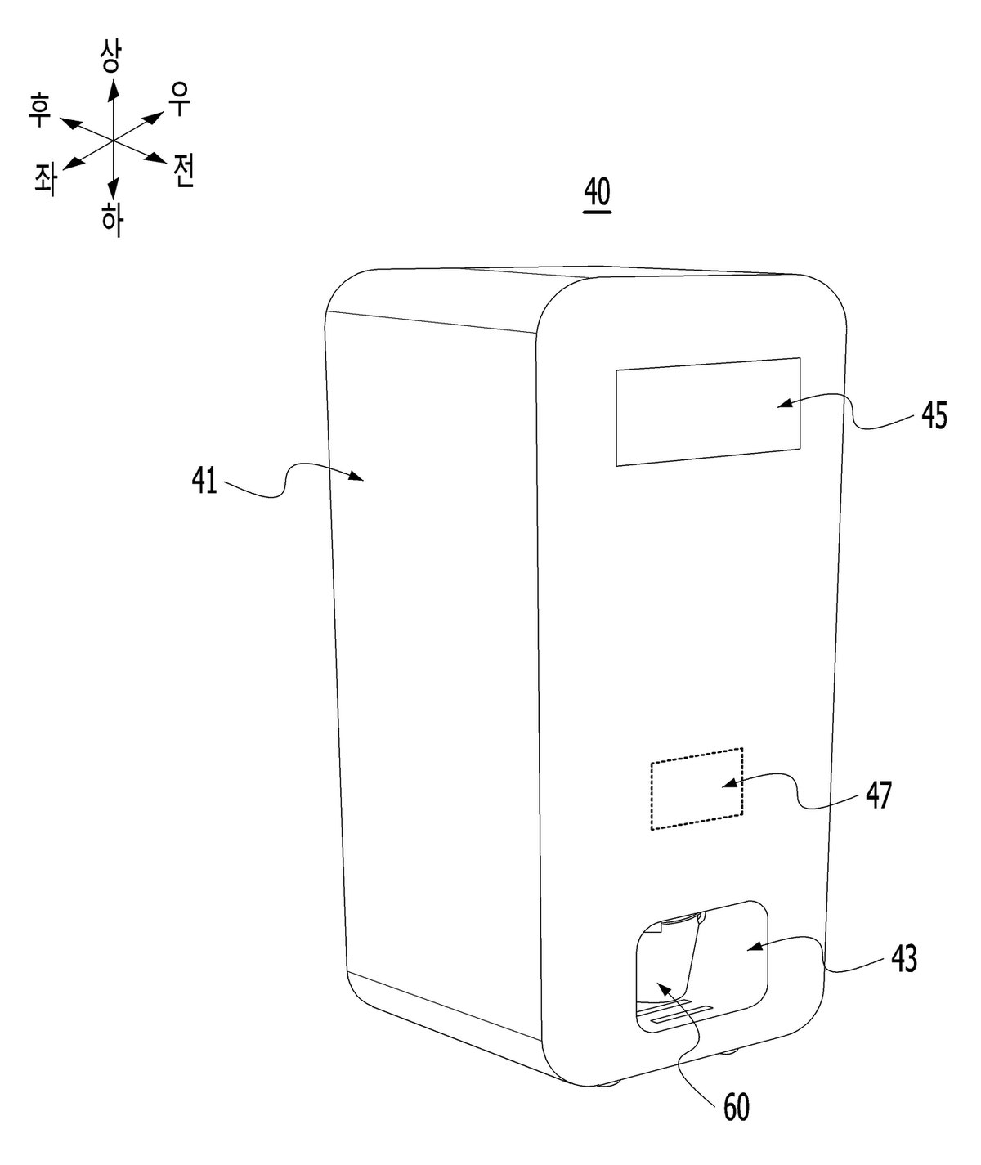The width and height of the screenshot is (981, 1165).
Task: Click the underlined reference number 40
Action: point(597,194)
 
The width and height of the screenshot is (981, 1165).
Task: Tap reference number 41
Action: point(204,481)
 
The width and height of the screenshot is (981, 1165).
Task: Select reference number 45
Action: point(934,416)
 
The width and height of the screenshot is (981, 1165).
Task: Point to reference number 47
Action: point(878,795)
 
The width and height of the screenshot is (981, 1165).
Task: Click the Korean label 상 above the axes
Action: point(110,56)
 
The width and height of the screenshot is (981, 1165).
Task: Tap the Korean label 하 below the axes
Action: point(112,220)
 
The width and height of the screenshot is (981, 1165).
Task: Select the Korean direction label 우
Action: point(180,99)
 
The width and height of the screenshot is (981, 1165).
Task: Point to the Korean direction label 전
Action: point(183,170)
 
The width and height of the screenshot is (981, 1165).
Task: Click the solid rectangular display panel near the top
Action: point(708,411)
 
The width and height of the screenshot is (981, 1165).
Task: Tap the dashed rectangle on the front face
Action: point(697,788)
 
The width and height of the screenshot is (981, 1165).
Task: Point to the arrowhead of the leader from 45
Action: point(785,403)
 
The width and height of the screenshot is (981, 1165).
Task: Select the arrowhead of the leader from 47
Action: point(730,784)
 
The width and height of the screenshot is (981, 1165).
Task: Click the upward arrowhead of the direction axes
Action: point(114,87)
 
